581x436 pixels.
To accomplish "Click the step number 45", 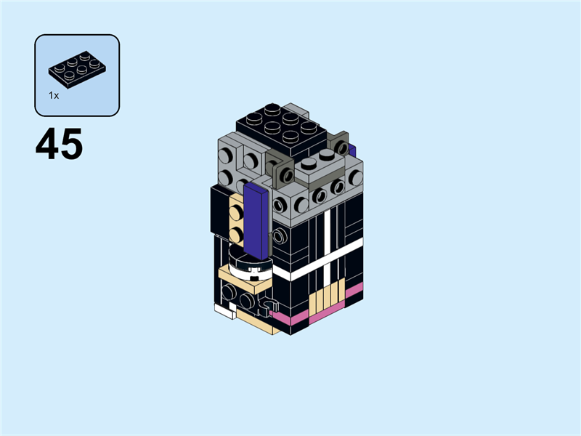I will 59,144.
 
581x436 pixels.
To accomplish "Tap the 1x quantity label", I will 54,95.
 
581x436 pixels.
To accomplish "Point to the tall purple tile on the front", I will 256,218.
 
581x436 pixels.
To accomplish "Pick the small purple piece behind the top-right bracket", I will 352,150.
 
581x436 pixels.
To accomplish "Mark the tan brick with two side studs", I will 236,222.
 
